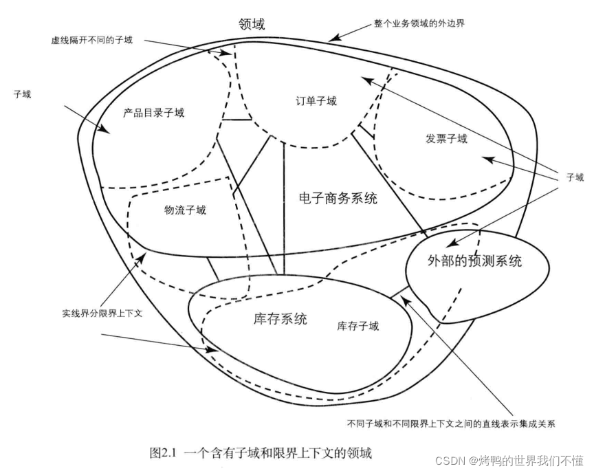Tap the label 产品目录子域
click(x=154, y=112)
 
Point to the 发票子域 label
click(x=446, y=139)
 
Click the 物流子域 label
click(x=185, y=210)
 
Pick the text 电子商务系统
click(x=338, y=199)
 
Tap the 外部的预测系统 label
click(x=474, y=261)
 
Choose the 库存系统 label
click(x=275, y=319)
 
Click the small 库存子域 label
click(x=357, y=326)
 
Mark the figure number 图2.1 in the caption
click(x=164, y=454)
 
